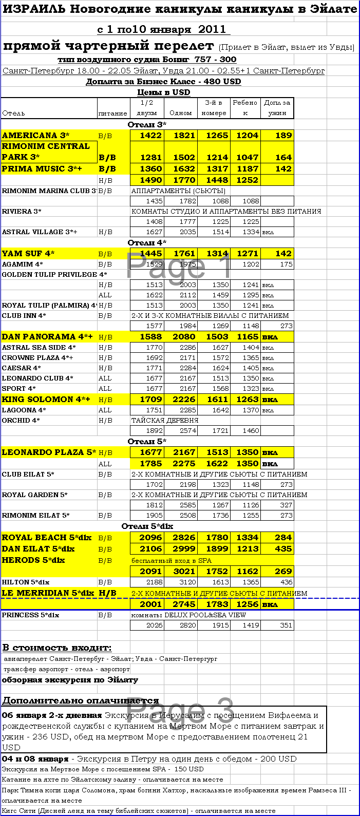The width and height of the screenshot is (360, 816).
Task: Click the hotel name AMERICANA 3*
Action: click(36, 136)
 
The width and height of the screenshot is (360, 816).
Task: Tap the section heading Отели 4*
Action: click(147, 243)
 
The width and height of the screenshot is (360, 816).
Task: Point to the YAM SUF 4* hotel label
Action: click(28, 254)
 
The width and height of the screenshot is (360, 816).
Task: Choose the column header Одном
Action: click(181, 113)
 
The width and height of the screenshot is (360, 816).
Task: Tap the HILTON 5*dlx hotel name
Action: click(26, 582)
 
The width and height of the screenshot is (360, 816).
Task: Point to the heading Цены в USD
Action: click(164, 92)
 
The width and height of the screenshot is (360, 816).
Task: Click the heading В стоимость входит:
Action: click(57, 648)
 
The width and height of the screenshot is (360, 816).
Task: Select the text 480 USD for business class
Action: click(222, 82)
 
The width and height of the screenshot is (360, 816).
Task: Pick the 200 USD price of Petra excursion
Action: click(278, 759)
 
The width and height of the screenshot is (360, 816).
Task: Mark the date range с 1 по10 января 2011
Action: click(161, 29)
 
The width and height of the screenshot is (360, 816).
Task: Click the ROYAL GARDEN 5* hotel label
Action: click(35, 495)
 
